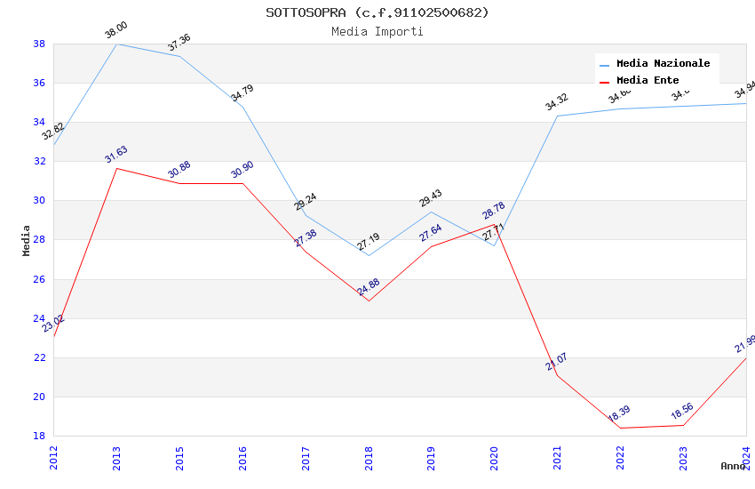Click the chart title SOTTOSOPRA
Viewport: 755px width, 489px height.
click(377, 12)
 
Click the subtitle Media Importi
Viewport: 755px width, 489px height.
click(377, 32)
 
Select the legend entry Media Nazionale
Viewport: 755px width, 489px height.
click(663, 64)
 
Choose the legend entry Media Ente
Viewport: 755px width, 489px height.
click(648, 80)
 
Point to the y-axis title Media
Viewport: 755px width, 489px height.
click(27, 240)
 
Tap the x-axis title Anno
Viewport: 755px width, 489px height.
click(733, 466)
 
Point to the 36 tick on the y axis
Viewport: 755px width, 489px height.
click(39, 84)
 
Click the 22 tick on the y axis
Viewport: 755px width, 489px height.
click(39, 357)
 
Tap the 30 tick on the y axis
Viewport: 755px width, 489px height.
click(39, 201)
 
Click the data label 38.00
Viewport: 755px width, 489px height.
click(116, 30)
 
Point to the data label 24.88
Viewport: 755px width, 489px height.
click(369, 287)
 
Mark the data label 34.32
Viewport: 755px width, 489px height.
click(557, 102)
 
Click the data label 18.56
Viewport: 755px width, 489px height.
click(683, 412)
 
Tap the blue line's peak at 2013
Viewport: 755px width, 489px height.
click(116, 44)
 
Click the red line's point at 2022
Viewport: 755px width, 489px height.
click(620, 428)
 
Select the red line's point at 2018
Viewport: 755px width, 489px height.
click(369, 301)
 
